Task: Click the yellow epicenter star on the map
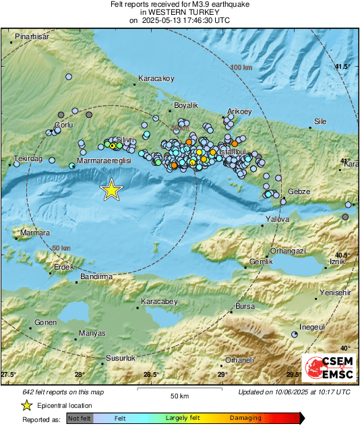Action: [111, 190]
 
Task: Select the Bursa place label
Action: [245, 306]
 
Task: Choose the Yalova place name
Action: [277, 219]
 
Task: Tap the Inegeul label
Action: [313, 327]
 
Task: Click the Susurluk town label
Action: [121, 358]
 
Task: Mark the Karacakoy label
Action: [156, 78]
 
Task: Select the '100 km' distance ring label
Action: [241, 68]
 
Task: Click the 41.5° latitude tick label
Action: [343, 66]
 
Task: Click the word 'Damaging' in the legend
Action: [245, 418]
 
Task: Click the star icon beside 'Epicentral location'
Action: [26, 405]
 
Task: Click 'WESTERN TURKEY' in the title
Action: [179, 12]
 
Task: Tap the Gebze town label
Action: [299, 191]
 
